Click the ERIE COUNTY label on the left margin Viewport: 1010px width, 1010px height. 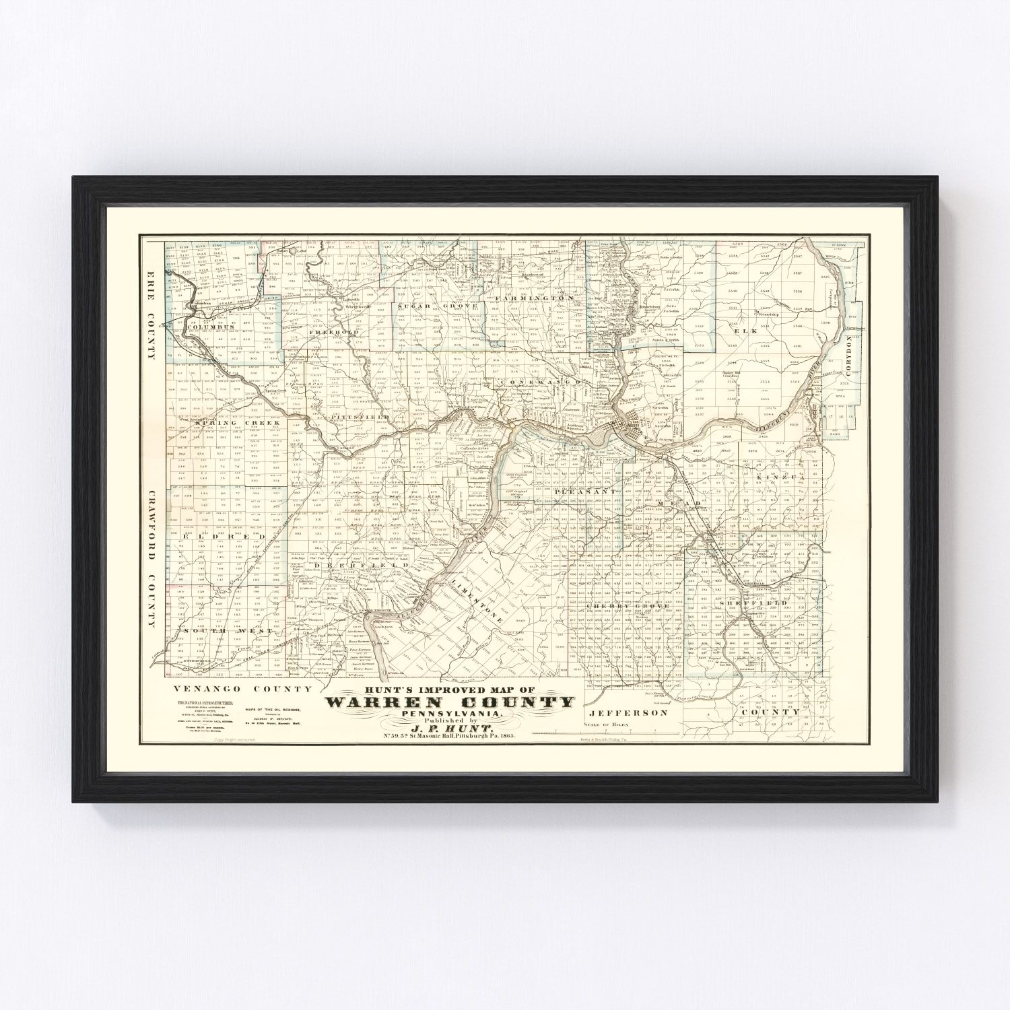(x=150, y=316)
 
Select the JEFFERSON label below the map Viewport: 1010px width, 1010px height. (x=617, y=712)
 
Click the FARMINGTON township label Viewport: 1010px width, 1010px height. (x=534, y=298)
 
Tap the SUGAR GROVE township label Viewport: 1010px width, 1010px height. (x=437, y=306)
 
